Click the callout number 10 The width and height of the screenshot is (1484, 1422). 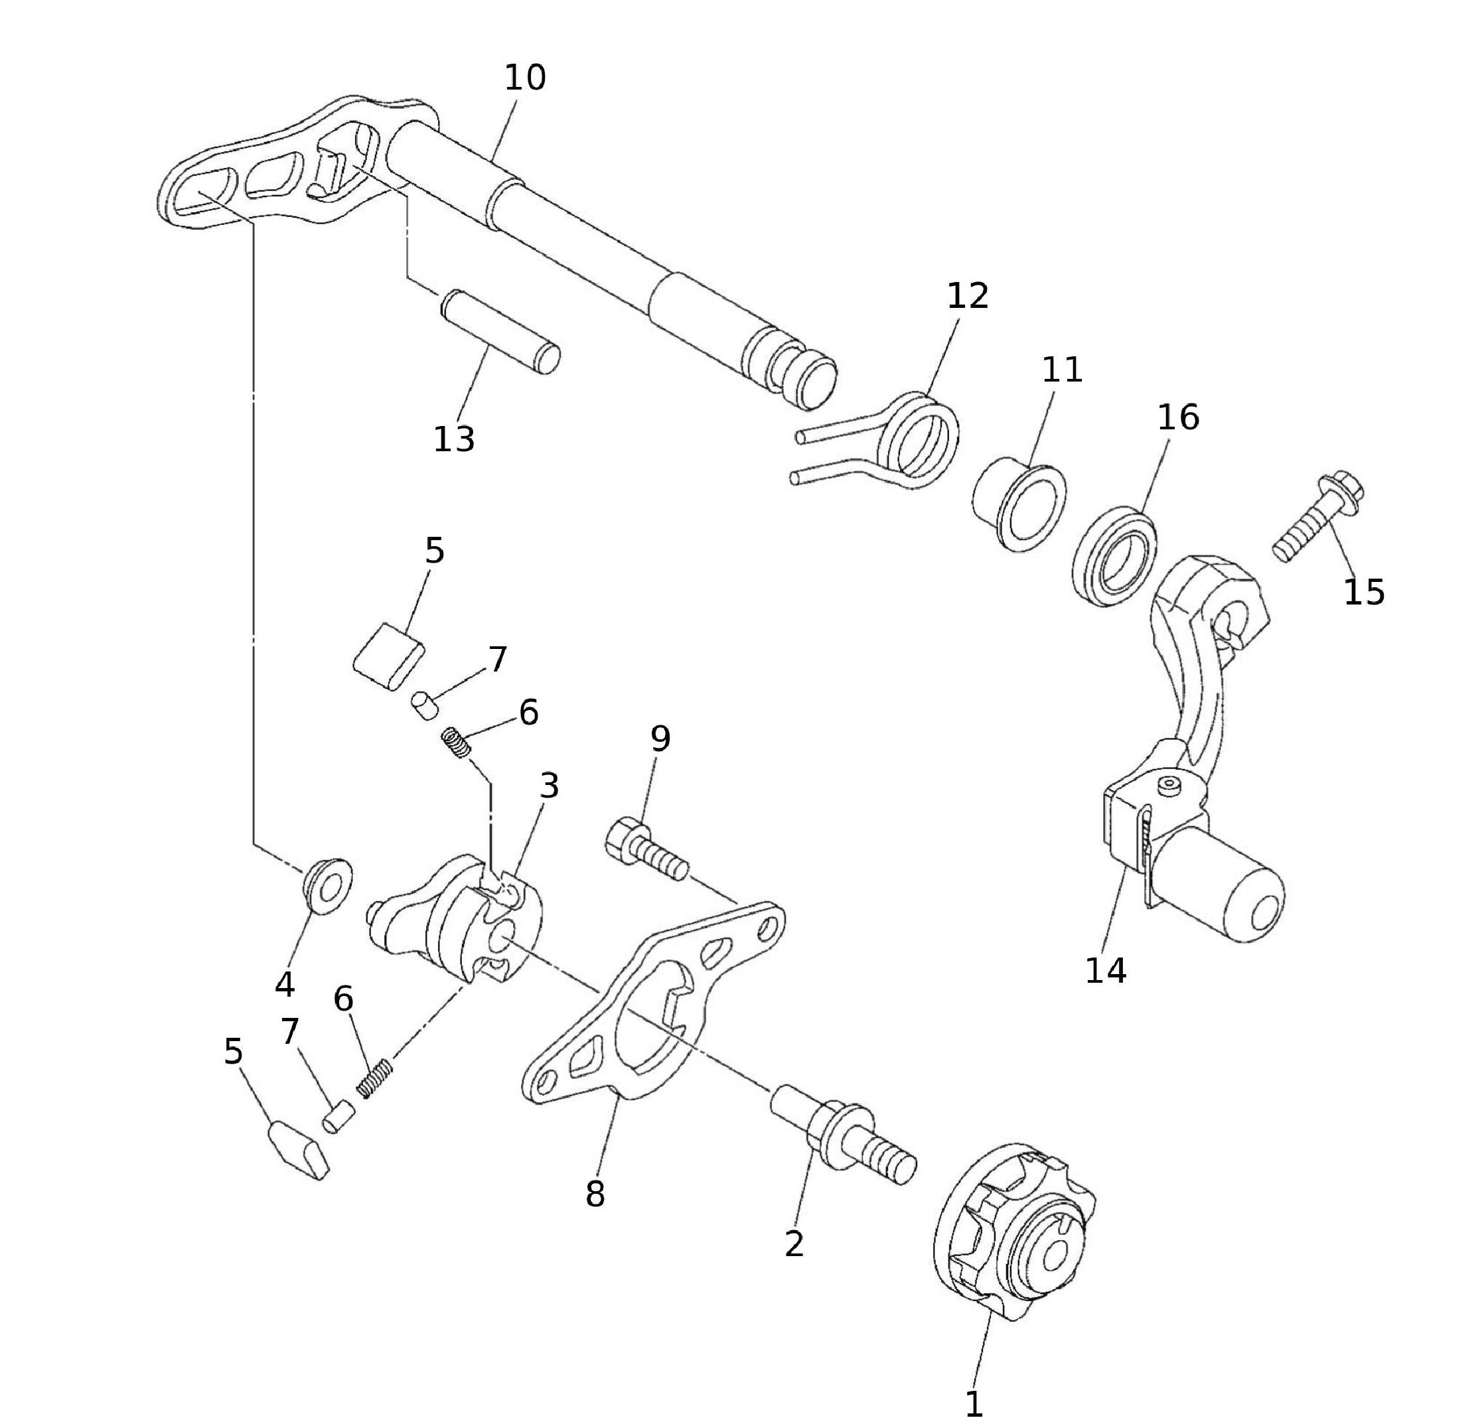525,78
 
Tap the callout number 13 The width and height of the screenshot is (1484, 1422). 453,439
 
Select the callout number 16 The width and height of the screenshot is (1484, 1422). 1177,417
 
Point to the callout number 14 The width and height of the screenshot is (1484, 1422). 1106,970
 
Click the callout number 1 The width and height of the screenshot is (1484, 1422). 974,1384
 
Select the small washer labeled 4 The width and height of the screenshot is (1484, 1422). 328,886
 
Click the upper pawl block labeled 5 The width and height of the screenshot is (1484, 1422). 388,656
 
